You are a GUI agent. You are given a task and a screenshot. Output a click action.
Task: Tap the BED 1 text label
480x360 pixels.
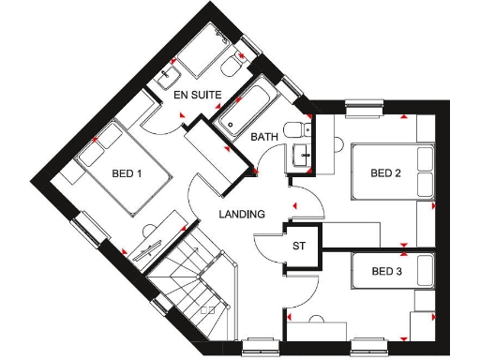127,173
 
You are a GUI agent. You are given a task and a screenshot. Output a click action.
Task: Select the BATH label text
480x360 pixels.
264,138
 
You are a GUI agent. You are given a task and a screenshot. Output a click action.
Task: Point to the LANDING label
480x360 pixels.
242,214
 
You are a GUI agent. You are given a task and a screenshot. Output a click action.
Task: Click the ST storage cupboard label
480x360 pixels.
300,247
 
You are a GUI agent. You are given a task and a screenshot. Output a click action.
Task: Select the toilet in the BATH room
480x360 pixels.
294,130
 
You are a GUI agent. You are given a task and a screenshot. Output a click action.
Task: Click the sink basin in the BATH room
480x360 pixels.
302,157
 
